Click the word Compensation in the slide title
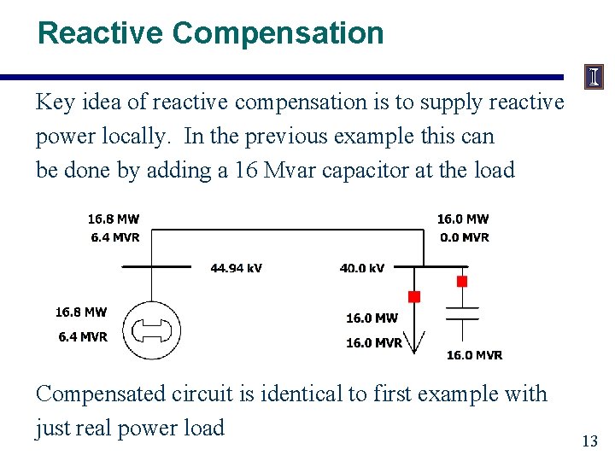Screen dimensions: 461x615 (278, 33)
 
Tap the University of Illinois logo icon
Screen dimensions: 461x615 (593, 78)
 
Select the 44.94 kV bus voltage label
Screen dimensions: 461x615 (237, 268)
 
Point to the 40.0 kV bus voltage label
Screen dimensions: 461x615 (362, 268)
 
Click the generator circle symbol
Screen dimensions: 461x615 (153, 330)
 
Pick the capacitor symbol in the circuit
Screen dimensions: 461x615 (462, 312)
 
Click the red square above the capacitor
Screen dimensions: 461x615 (462, 281)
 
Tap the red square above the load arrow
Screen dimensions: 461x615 (414, 297)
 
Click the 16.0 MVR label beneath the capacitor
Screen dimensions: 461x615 (474, 355)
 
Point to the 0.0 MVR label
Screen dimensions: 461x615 (465, 237)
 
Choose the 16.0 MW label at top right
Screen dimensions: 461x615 (463, 219)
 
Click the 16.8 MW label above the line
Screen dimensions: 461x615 (114, 219)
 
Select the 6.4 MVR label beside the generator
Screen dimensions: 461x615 (83, 336)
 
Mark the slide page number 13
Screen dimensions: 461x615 (589, 441)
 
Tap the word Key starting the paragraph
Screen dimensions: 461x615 (55, 102)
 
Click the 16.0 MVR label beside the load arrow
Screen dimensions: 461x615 (374, 343)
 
